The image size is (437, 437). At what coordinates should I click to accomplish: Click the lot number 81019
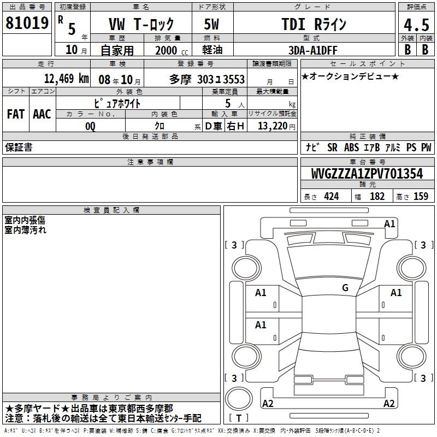(x=27, y=23)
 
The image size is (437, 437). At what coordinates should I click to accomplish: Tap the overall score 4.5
(x=416, y=25)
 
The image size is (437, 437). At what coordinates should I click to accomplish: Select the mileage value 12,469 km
(x=66, y=79)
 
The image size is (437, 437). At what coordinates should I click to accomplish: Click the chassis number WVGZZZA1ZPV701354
(x=367, y=174)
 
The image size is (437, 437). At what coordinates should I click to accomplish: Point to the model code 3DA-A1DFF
(x=312, y=50)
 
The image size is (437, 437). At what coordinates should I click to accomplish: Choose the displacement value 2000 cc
(x=172, y=50)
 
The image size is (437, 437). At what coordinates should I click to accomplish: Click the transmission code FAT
(x=16, y=114)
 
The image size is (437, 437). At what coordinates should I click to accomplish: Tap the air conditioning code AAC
(x=42, y=114)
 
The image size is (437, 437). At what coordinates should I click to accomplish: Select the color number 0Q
(x=90, y=126)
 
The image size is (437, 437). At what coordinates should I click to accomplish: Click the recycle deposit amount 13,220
(x=273, y=126)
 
